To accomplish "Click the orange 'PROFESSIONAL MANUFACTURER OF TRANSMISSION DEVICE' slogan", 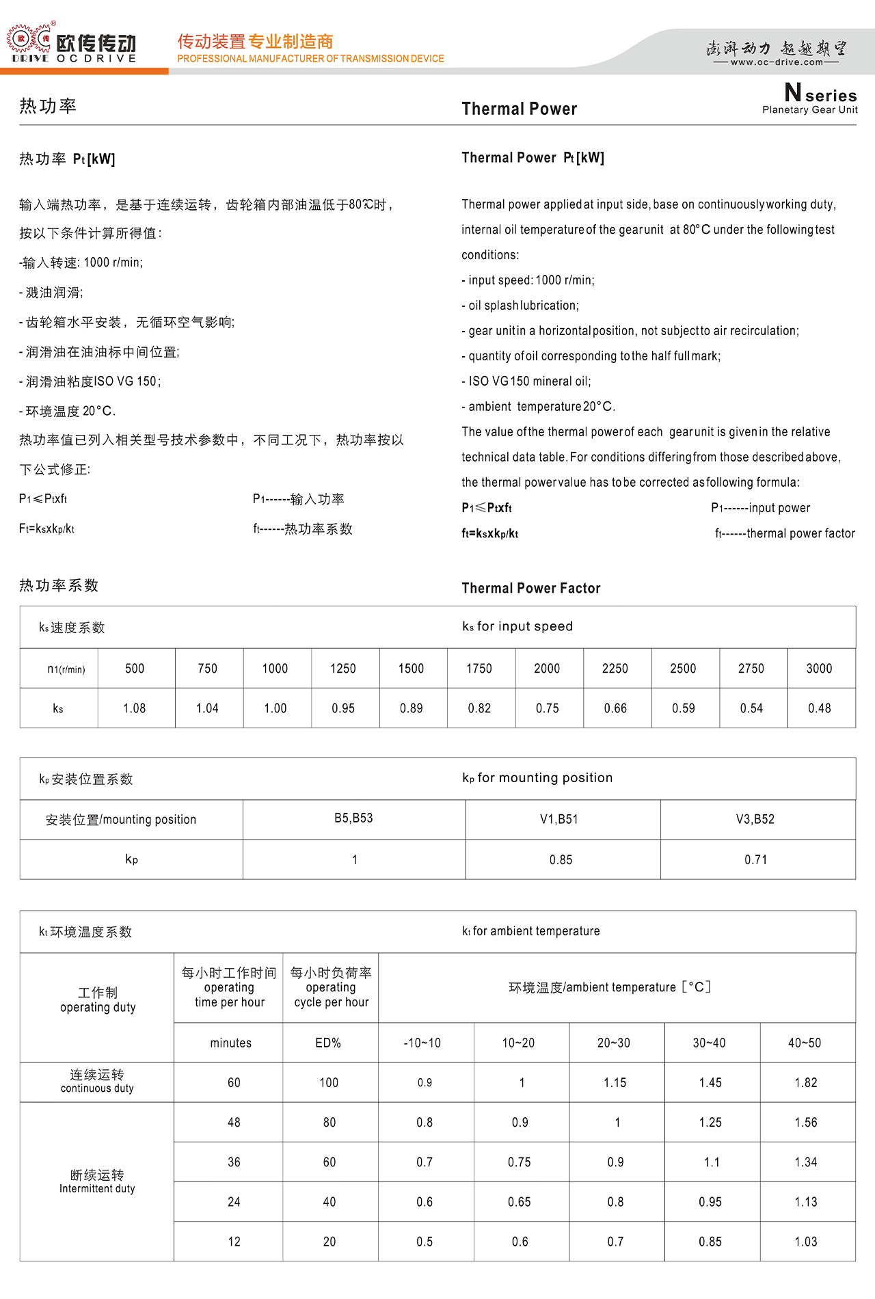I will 310,59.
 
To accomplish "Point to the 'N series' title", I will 820,93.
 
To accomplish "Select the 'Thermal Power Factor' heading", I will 530,588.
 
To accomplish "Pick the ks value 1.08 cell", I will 135,708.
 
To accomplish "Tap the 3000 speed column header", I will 819,669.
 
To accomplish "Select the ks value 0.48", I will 819,708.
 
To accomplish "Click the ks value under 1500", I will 411,708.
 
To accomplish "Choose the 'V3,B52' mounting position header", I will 755,819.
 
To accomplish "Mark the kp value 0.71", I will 755,859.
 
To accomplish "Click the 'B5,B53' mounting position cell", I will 353,818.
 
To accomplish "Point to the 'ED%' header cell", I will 328,1043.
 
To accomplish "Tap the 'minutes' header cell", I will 230,1043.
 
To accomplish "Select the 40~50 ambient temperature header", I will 805,1043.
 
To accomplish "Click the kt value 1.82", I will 806,1082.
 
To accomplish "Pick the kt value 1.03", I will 806,1242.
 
